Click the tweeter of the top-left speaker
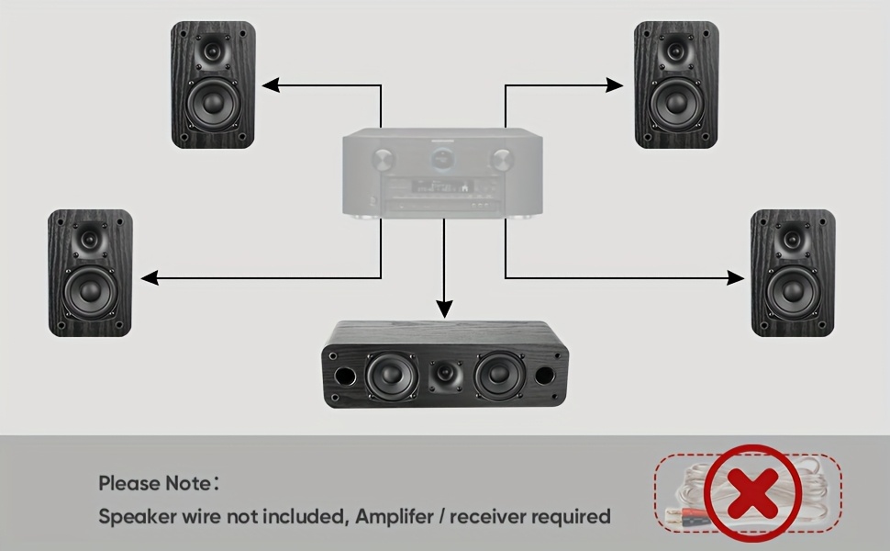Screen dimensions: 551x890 pyautogui.click(x=213, y=51)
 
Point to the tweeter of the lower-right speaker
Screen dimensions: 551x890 pyautogui.click(x=793, y=241)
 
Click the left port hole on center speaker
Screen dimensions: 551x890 pyautogui.click(x=345, y=377)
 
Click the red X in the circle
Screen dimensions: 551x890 pyautogui.click(x=753, y=494)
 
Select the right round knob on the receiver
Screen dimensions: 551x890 pyautogui.click(x=501, y=161)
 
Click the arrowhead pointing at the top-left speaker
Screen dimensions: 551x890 pyautogui.click(x=270, y=85)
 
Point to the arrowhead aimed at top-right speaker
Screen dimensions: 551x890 pyautogui.click(x=616, y=85)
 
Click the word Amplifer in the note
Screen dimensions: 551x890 pyautogui.click(x=399, y=516)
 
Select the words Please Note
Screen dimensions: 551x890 pyautogui.click(x=154, y=483)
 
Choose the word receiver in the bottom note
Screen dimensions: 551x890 pyautogui.click(x=501, y=516)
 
